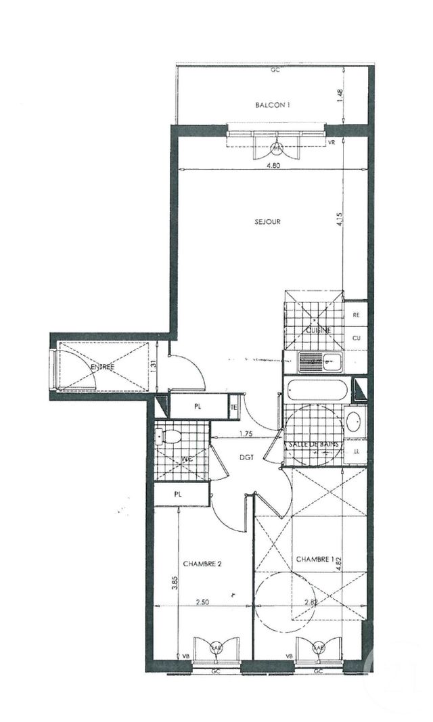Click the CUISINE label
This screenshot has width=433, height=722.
point(318,330)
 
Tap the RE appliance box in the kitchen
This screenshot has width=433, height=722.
point(355,315)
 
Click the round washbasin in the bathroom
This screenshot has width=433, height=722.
point(355,422)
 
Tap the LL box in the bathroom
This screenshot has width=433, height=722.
point(355,451)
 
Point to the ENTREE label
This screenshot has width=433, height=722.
point(103,367)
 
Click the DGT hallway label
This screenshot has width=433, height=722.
point(246,457)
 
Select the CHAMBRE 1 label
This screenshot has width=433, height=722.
point(315,559)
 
